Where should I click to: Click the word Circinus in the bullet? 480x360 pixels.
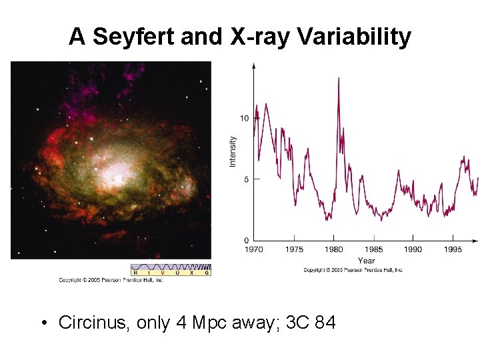pos(94,323)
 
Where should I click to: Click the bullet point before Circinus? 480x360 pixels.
pos(43,323)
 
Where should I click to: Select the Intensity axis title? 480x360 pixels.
pos(233,152)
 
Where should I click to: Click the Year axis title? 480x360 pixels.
pos(366,261)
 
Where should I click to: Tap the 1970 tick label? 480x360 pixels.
pos(254,249)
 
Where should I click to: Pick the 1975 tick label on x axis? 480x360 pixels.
pos(294,249)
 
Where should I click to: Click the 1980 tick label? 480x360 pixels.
pos(333,249)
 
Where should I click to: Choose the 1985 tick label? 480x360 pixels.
pos(373,249)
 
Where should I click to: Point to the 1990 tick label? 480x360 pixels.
pos(413,249)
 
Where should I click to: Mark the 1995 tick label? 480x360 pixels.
pos(453,249)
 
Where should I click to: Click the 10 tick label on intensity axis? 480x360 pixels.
pos(244,119)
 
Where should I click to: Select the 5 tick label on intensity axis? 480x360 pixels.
pos(246,179)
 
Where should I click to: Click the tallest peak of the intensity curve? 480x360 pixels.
pos(339,79)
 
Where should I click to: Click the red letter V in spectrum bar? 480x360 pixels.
pos(162,273)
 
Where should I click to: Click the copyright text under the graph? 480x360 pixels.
pos(353,270)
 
